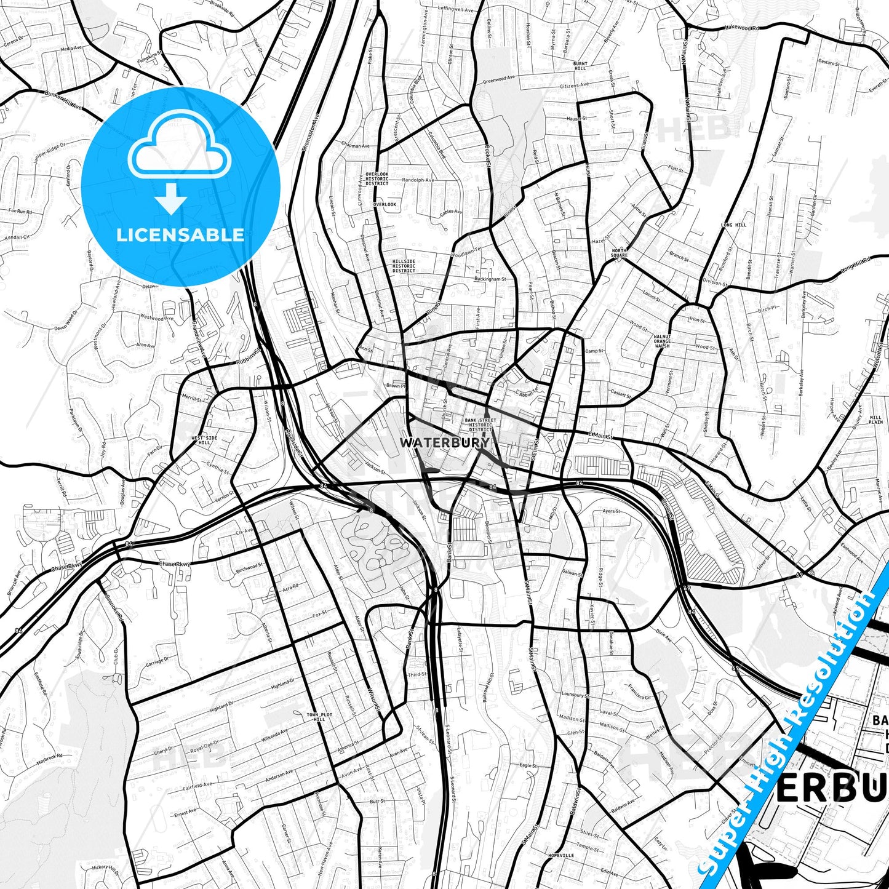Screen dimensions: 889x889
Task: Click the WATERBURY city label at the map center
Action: tap(444, 442)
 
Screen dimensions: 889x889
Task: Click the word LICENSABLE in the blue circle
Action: tap(180, 235)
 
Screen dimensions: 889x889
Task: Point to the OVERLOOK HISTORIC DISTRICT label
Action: tap(377, 179)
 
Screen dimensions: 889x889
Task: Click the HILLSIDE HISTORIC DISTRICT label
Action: tap(404, 266)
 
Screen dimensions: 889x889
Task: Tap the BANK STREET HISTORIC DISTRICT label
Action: tap(480, 425)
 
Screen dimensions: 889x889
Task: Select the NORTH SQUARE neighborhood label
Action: tap(619, 253)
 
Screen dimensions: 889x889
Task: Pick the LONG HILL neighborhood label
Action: tap(733, 225)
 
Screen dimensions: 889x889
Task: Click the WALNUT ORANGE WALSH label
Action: tap(662, 341)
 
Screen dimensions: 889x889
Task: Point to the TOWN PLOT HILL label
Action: tap(319, 717)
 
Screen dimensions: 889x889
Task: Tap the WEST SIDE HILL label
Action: tap(204, 441)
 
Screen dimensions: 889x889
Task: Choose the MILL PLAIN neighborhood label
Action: tap(876, 420)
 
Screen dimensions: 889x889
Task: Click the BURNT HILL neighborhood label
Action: tap(580, 66)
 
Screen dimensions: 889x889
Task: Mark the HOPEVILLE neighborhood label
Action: tap(560, 855)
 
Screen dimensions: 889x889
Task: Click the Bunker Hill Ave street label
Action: tap(63, 100)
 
